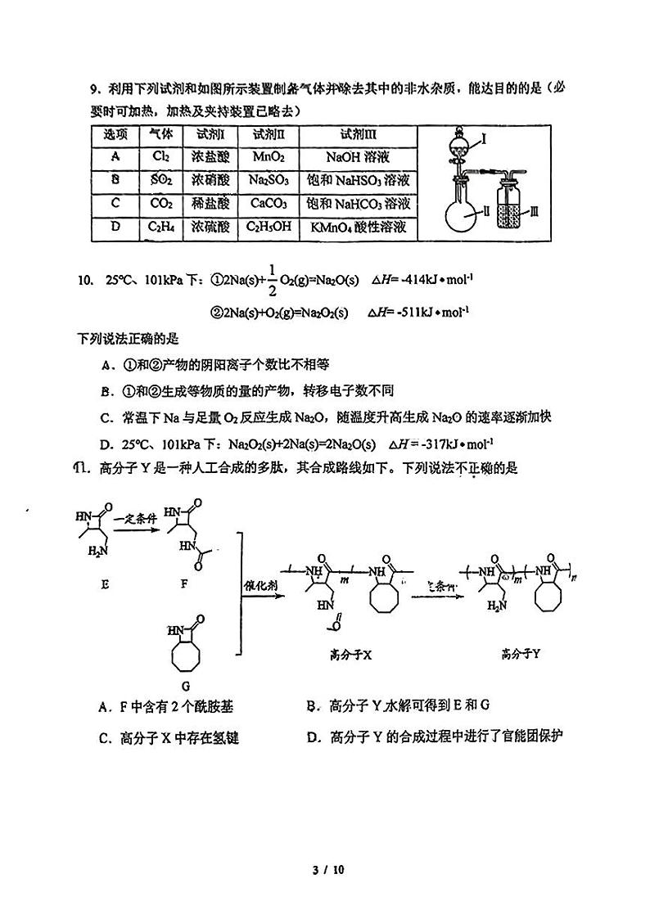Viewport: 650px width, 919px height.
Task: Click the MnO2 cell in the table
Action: coord(268,156)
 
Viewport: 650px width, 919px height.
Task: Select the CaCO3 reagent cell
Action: coord(268,203)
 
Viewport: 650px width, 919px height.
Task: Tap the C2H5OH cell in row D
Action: coord(269,227)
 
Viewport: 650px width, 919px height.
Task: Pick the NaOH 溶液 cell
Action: coord(356,156)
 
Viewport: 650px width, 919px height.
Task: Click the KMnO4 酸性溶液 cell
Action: coord(357,227)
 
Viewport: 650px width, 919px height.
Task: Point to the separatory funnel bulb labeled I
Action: coord(460,146)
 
